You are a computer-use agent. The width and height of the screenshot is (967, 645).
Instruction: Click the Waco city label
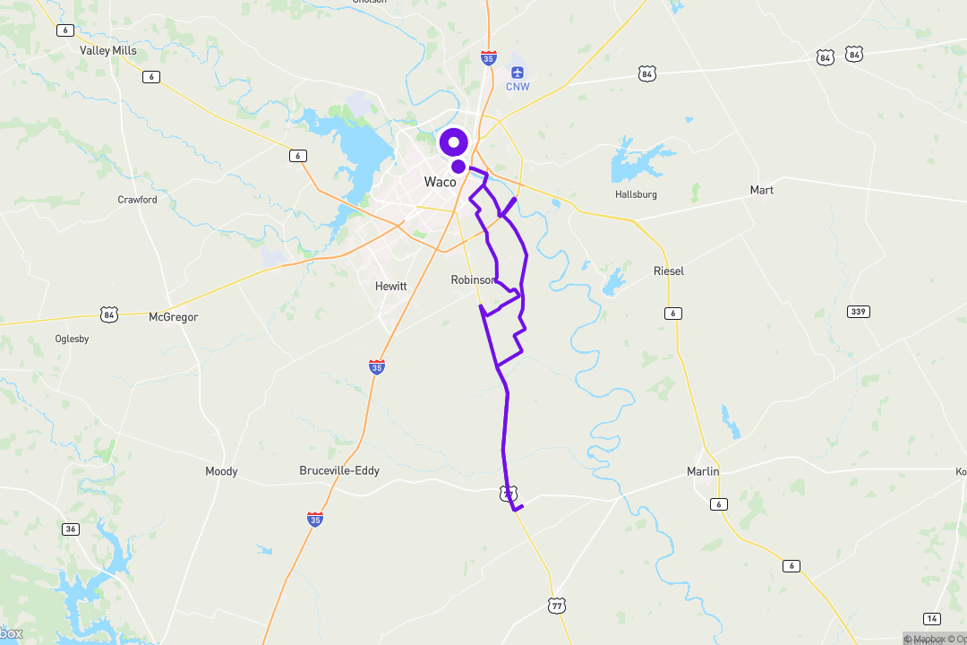tap(440, 182)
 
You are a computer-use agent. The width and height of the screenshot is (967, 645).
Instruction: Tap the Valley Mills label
tap(108, 51)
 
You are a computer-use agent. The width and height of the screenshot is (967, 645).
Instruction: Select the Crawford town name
tap(137, 200)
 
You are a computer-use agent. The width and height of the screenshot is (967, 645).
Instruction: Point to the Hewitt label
tap(390, 287)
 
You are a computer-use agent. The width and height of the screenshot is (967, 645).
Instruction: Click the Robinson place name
tap(472, 280)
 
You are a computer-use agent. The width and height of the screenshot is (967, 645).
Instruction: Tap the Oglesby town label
tap(72, 339)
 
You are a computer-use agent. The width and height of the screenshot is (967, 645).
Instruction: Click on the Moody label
tap(221, 471)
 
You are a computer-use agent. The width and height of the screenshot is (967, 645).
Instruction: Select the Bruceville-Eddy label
tap(339, 470)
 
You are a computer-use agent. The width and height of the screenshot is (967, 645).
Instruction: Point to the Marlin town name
tap(703, 471)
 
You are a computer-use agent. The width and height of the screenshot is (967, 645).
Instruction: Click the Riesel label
tap(669, 271)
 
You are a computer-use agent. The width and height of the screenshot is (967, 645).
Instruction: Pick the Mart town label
tap(761, 190)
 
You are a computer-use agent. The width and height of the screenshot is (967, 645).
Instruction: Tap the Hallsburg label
tap(636, 194)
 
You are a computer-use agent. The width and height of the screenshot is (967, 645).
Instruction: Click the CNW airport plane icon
tap(518, 72)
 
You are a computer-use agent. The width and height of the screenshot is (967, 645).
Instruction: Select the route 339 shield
tap(858, 311)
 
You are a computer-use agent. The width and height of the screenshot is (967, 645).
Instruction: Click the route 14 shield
tap(932, 619)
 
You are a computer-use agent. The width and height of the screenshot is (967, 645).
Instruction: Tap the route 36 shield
tap(71, 529)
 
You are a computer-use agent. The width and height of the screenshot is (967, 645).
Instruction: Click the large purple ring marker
tap(453, 142)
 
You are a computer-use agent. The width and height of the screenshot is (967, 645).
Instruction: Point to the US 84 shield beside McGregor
tap(109, 314)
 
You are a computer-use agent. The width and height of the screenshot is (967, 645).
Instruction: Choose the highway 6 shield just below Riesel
tap(673, 313)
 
